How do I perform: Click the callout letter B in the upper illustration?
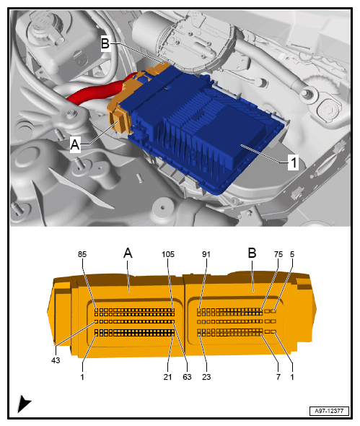105,43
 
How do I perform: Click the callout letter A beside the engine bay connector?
75,144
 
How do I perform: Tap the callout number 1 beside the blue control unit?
294,162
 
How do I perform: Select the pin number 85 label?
82,254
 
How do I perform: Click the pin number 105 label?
168,254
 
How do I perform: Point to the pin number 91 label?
206,254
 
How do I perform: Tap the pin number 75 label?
278,254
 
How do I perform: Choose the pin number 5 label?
292,254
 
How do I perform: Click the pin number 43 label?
56,360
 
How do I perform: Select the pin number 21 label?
167,377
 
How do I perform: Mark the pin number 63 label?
187,377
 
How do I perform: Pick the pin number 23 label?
206,377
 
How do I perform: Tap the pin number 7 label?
278,377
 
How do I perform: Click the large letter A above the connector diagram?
128,253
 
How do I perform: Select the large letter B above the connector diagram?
252,253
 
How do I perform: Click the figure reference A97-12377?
329,411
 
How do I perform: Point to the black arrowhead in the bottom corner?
23,404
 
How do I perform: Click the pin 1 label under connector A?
82,377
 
